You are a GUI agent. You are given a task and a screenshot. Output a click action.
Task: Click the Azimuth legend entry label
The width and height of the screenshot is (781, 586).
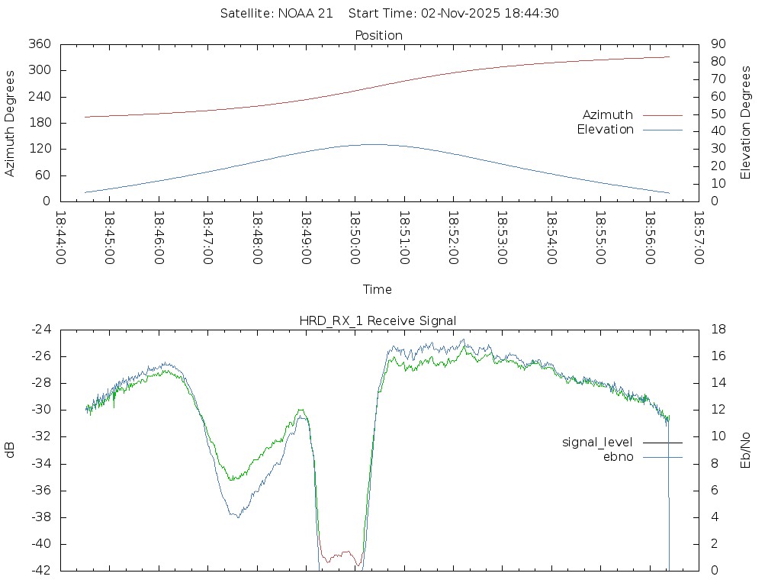click(x=608, y=114)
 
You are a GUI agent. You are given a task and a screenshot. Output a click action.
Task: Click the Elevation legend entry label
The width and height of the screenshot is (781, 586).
click(x=605, y=130)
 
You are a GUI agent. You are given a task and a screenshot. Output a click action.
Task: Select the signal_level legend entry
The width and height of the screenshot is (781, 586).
click(x=597, y=442)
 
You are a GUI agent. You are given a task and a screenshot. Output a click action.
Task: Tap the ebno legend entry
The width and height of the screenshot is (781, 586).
click(x=618, y=456)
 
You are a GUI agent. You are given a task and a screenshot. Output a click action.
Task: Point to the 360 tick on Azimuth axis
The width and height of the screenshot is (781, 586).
click(x=40, y=44)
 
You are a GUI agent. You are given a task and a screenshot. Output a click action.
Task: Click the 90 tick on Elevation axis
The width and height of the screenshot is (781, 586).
click(x=717, y=44)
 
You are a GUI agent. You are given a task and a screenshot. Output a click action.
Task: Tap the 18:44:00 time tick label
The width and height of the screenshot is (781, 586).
click(x=61, y=237)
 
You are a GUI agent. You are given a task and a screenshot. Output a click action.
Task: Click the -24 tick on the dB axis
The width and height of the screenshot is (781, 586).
click(x=40, y=330)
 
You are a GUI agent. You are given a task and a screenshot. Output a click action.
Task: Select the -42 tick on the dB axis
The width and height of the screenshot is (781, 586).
click(x=40, y=570)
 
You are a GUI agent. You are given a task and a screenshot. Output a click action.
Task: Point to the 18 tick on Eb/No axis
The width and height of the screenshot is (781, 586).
click(x=718, y=330)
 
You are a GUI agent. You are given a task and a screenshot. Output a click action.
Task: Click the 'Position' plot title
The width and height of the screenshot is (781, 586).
click(x=379, y=35)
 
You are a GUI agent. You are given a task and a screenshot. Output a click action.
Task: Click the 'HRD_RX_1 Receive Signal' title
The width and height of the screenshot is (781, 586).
click(x=378, y=320)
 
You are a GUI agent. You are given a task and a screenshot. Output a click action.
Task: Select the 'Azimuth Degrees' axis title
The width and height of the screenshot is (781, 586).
click(x=10, y=123)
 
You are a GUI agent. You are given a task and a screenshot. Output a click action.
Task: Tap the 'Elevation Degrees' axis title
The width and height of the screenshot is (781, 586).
click(x=746, y=122)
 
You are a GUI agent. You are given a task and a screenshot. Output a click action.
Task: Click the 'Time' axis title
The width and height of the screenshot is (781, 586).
click(x=378, y=289)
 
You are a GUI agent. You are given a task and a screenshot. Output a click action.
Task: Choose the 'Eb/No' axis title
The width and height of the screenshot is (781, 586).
click(x=746, y=449)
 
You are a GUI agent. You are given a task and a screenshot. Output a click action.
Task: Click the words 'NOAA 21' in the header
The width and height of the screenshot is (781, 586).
click(x=305, y=13)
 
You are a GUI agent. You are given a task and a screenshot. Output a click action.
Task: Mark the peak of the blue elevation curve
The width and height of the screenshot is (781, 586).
click(x=373, y=144)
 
